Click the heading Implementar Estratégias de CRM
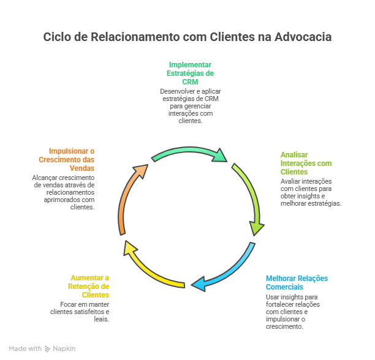pyautogui.click(x=190, y=73)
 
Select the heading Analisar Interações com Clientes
pyautogui.click(x=306, y=163)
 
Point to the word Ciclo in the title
pyautogui.click(x=57, y=37)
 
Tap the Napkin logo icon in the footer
pyautogui.click(x=48, y=348)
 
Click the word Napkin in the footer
pyautogui.click(x=64, y=348)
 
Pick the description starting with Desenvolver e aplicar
pyautogui.click(x=190, y=105)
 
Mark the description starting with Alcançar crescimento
pyautogui.click(x=63, y=192)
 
